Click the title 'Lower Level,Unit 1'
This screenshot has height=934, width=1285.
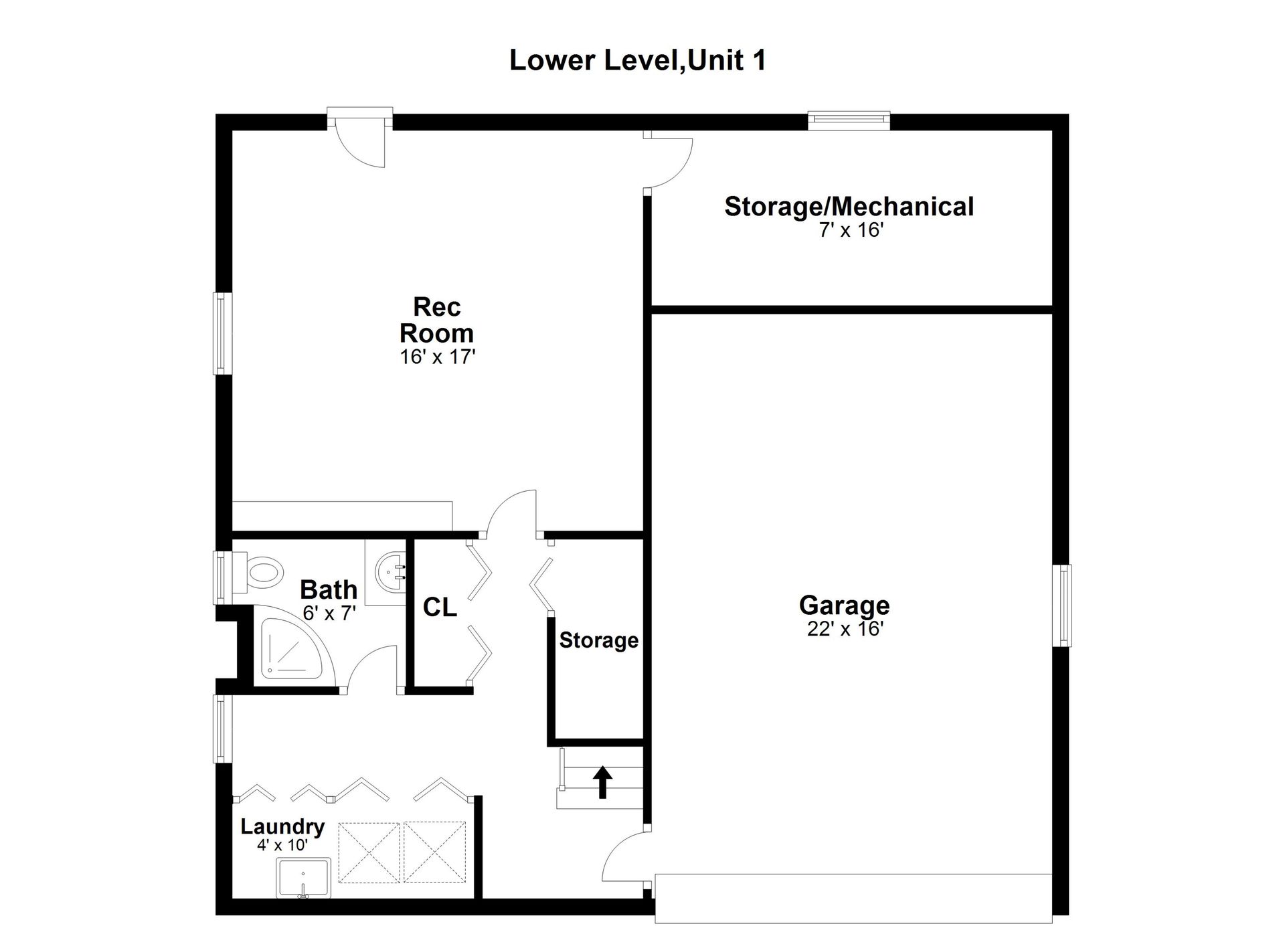tap(637, 60)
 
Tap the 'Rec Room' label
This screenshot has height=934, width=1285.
tap(437, 320)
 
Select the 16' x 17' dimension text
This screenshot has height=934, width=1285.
tap(437, 357)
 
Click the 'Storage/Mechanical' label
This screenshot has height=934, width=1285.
tap(849, 207)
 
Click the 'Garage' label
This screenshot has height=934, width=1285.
tap(844, 605)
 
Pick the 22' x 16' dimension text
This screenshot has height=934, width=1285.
tap(845, 629)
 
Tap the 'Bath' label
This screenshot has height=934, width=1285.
tap(329, 589)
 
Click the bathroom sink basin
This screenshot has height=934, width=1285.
tap(391, 573)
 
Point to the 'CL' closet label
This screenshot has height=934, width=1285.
tap(440, 608)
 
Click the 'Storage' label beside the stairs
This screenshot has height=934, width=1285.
tap(598, 640)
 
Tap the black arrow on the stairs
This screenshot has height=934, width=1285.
tap(602, 781)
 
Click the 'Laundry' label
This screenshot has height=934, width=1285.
tap(282, 827)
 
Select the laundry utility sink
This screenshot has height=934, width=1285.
tap(303, 878)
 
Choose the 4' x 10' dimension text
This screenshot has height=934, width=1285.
tap(282, 845)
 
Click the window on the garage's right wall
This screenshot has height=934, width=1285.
tap(1061, 605)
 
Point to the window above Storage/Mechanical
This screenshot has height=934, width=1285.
tap(849, 120)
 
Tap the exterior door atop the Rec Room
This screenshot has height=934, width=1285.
tap(359, 137)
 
